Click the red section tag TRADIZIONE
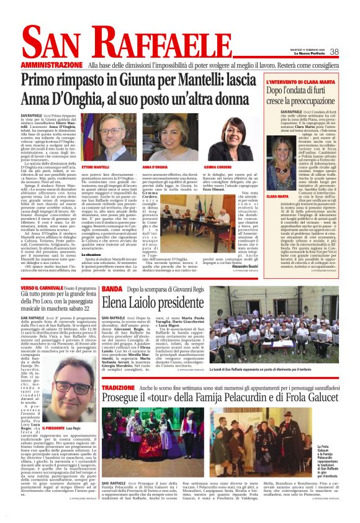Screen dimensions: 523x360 click(118, 388)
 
